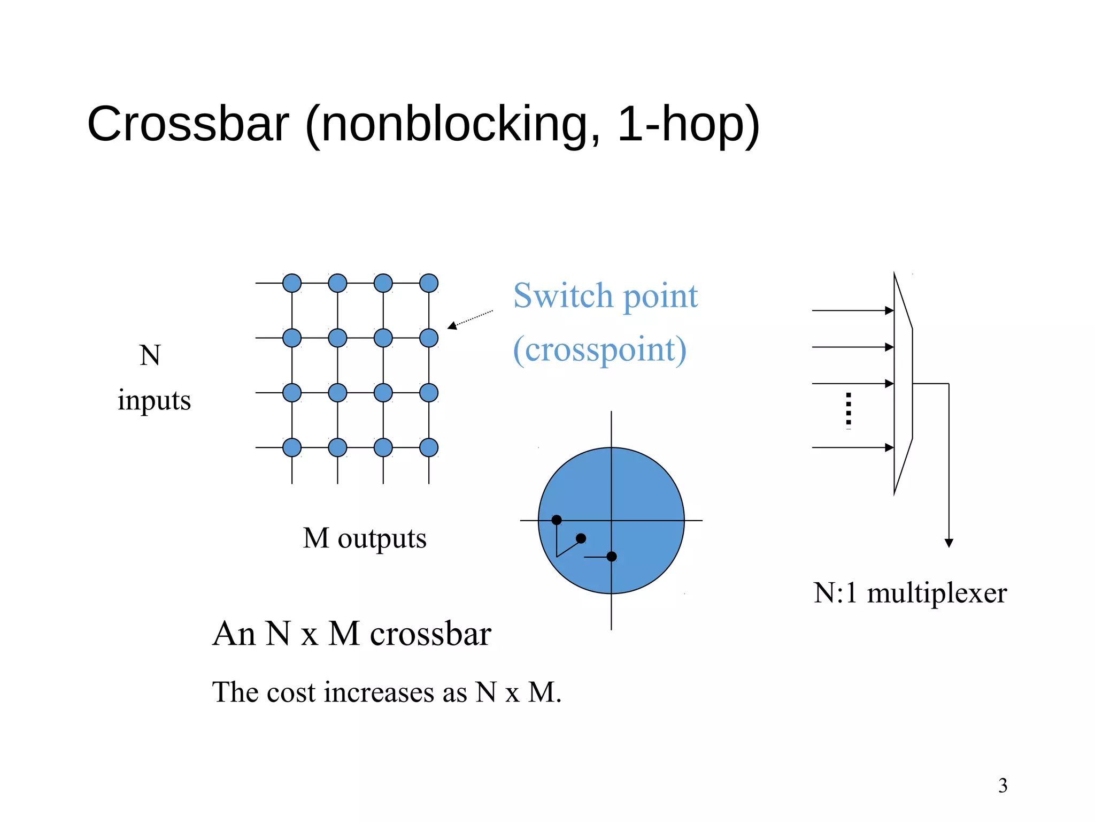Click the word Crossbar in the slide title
[x=188, y=124]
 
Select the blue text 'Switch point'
[x=605, y=296]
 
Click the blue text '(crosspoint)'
[x=599, y=350]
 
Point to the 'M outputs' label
[x=365, y=538]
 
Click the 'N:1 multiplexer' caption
[x=910, y=593]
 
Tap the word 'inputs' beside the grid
[x=154, y=400]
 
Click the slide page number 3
[x=1003, y=785]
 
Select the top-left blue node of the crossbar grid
[x=292, y=283]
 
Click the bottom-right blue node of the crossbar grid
[x=429, y=447]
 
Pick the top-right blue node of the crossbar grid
[x=429, y=283]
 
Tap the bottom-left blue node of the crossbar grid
[x=292, y=447]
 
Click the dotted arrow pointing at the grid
[x=470, y=319]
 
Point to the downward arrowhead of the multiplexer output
[x=949, y=543]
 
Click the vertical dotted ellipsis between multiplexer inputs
[x=849, y=410]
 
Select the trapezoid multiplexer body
[x=903, y=384]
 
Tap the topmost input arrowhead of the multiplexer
[x=889, y=310]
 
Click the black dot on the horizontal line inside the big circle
[x=557, y=520]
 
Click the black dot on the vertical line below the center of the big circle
[x=612, y=557]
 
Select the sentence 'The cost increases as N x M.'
[x=387, y=692]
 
